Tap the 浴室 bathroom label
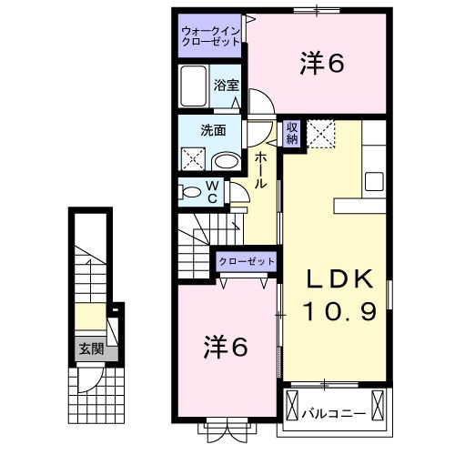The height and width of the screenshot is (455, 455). [226, 85]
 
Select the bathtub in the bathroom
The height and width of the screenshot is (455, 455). [194, 87]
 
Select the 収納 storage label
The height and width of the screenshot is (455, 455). [292, 133]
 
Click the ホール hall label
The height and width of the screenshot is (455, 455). [260, 170]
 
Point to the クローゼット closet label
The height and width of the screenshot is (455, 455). [247, 262]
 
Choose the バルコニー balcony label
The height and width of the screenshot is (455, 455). [335, 414]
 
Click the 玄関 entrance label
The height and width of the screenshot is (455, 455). [90, 349]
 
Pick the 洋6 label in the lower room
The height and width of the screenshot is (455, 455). [224, 346]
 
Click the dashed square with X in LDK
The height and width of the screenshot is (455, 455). [321, 134]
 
